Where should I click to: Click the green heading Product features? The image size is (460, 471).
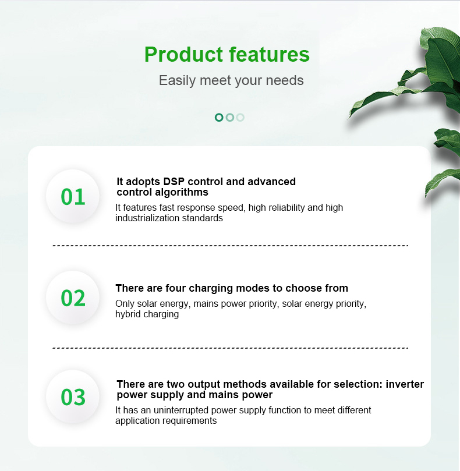(x=227, y=54)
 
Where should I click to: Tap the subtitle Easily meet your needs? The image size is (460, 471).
(x=231, y=80)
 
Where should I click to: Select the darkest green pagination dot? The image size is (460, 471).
(x=219, y=117)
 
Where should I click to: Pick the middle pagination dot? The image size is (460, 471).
(x=229, y=117)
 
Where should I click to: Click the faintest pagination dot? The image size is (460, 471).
(x=240, y=117)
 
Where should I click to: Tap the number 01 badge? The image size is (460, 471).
(x=73, y=197)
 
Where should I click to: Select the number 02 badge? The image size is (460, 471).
(x=73, y=298)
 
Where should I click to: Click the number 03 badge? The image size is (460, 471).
(x=73, y=397)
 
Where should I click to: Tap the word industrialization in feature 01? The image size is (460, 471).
(x=148, y=218)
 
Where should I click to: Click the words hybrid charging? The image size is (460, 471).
(x=147, y=314)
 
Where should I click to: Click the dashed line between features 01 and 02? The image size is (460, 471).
(x=230, y=246)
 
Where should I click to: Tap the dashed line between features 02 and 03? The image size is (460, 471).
(x=230, y=348)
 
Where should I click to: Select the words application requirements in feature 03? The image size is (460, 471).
(x=166, y=421)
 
